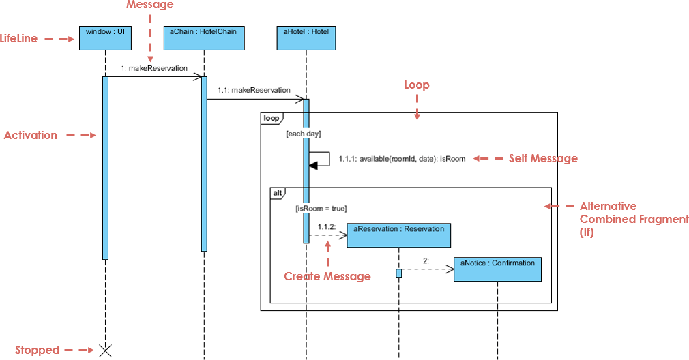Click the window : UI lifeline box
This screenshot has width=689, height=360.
pos(105,38)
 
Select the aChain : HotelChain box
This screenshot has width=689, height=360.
pos(203,38)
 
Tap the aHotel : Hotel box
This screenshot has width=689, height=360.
pos(306,38)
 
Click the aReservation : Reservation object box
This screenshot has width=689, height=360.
pos(398,235)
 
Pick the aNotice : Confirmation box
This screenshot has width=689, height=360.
pos(497,269)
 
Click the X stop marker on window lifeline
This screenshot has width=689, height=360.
pos(105,350)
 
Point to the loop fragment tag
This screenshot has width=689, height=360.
pos(271,119)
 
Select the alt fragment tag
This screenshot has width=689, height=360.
pos(278,193)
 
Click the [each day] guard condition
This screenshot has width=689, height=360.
pos(304,134)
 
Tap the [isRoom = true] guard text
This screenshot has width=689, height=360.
pos(321,209)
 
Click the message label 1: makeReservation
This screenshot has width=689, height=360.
pos(154,68)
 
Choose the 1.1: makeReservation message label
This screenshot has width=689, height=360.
pos(254,90)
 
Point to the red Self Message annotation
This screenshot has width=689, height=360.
pos(543,159)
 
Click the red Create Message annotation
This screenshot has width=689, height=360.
pos(327,276)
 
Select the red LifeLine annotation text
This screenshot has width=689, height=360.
pos(19,39)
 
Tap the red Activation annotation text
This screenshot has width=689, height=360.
pos(31,135)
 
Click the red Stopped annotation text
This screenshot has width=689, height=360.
pos(38,350)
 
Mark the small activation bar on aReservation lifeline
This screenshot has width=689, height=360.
pos(398,273)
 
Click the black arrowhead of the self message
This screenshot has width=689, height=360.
pos(313,164)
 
